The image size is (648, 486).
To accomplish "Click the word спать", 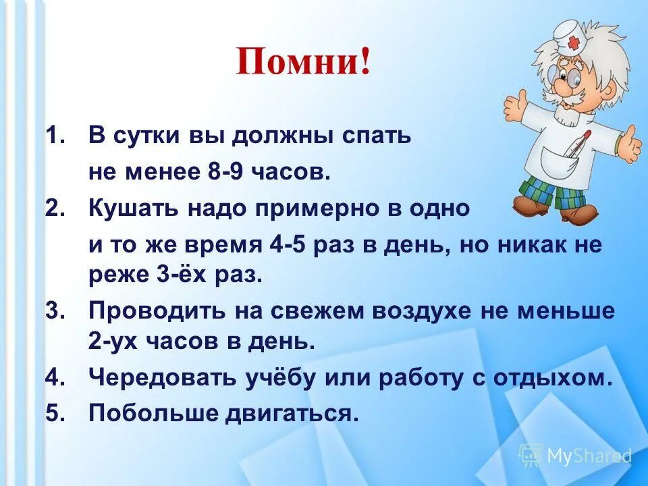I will coord(375,136).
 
